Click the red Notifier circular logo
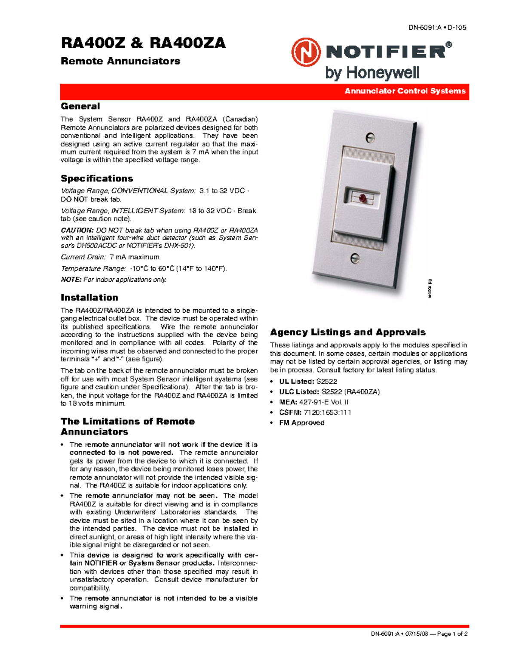coord(306,52)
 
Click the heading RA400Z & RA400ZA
coord(143,43)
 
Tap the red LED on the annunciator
coord(362,198)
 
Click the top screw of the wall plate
coord(370,138)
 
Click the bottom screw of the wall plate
coord(355,258)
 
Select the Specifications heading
coord(97,179)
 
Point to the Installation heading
coord(89,298)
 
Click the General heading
coord(80,106)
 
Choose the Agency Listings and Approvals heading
coord(348,332)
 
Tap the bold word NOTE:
coord(71,280)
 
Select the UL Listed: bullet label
coord(297,382)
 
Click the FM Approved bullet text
coord(302,423)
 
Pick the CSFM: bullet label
coord(290,412)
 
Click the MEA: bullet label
coord(288,402)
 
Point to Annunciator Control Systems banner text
coord(405,91)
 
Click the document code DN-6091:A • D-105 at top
coord(437,28)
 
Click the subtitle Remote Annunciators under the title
coord(120,61)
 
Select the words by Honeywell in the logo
coord(372,73)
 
